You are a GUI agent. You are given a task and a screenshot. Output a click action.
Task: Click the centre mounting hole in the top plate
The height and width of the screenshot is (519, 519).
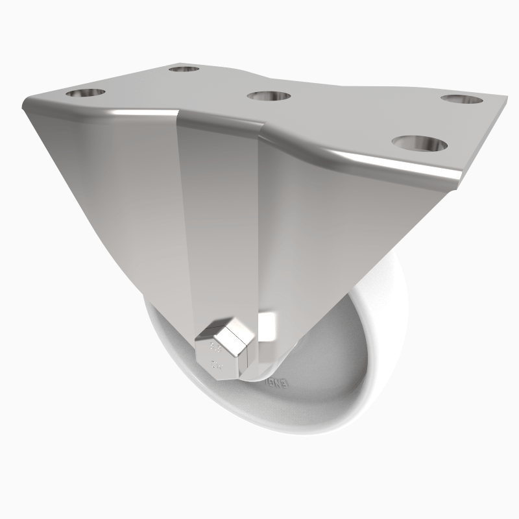click(269, 96)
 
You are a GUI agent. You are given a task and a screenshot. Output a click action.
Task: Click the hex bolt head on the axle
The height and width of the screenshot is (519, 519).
click(226, 351)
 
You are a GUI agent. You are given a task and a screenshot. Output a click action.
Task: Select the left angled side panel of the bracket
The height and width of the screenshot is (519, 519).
click(110, 195)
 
